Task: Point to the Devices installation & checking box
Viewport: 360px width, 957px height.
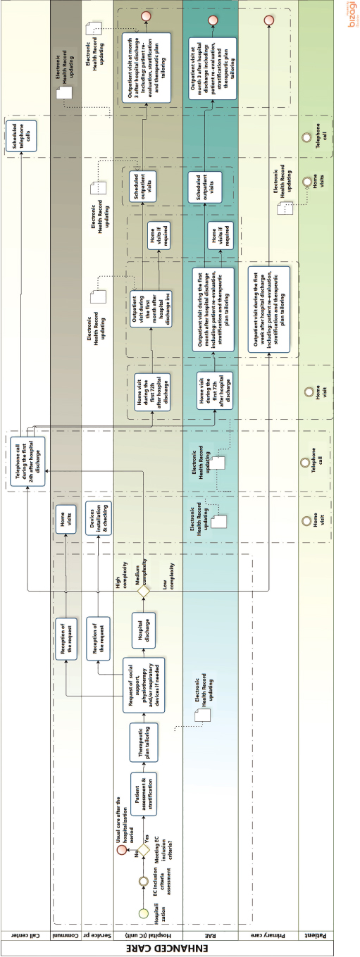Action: tap(98, 522)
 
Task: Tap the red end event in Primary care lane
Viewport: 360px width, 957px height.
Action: tap(268, 20)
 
